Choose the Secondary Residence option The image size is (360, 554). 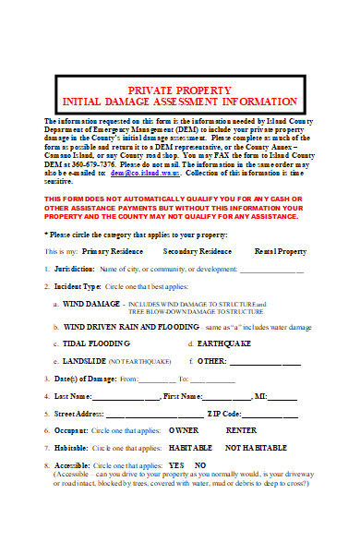click(x=198, y=250)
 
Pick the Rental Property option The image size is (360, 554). click(x=281, y=250)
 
